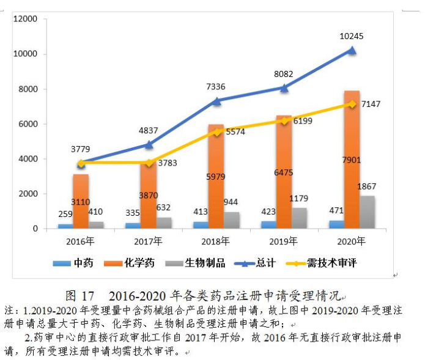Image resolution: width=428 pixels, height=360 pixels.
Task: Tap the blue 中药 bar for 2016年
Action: coord(65,226)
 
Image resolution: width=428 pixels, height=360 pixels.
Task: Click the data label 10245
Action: coord(352,37)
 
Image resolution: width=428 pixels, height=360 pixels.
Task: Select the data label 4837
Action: coord(149,130)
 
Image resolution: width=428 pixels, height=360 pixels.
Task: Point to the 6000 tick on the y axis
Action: coord(29,124)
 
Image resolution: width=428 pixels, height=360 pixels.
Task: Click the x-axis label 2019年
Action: coord(284,241)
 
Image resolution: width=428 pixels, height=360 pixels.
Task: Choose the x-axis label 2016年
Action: coord(79,241)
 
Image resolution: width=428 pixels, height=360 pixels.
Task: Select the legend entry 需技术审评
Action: coord(337,263)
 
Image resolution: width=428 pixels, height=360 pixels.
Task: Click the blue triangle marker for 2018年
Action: coord(216,100)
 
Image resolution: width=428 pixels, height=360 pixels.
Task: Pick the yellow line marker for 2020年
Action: coord(352,105)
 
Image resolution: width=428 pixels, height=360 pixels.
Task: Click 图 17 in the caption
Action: coord(79,296)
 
